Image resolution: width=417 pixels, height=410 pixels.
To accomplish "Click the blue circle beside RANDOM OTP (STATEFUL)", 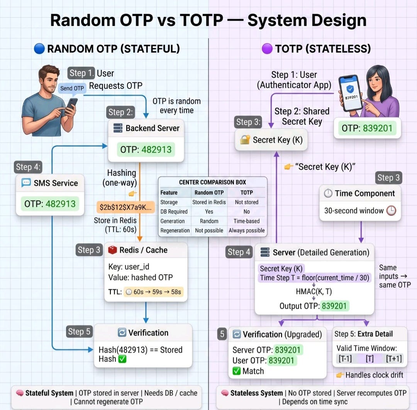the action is [x=39, y=49].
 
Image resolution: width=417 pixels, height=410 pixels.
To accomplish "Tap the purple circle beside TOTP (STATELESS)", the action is [x=267, y=49].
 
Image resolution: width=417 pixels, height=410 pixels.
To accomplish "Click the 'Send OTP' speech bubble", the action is [x=72, y=88].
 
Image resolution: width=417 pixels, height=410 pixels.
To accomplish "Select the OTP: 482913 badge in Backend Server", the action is [x=146, y=150].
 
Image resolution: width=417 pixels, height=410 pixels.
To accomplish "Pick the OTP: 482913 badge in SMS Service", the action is [x=50, y=204].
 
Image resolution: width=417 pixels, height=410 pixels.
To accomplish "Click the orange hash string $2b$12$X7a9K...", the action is [x=125, y=207].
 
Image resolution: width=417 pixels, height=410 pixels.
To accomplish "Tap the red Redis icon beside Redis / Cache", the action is [x=112, y=250].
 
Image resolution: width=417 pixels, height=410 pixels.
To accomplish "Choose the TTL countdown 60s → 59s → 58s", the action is [x=153, y=292].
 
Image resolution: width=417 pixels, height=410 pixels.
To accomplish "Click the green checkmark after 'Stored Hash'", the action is [x=122, y=359].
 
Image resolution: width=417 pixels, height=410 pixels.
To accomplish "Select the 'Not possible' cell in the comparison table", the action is [x=209, y=231].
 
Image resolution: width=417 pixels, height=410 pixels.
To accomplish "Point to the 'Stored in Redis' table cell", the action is [x=209, y=202].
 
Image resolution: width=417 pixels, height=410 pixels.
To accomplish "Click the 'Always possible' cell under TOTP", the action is [x=246, y=231].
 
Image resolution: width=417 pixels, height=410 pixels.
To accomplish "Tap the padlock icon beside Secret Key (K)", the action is [x=245, y=140].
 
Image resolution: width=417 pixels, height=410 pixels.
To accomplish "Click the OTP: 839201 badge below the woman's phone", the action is [x=367, y=128].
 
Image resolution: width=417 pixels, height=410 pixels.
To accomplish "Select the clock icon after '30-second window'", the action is [x=391, y=210].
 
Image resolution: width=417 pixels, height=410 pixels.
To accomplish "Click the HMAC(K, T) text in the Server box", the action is [x=314, y=291].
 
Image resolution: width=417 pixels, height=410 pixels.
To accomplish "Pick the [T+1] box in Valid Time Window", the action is [x=394, y=359].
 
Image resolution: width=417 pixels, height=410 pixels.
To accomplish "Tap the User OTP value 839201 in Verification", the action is [x=281, y=360].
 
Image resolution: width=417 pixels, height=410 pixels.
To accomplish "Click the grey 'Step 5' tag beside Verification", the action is [x=79, y=332].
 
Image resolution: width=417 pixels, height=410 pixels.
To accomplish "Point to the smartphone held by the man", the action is [x=71, y=105].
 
